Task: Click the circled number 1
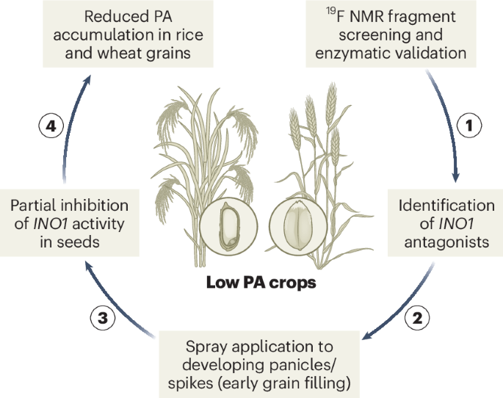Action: coord(470,126)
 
